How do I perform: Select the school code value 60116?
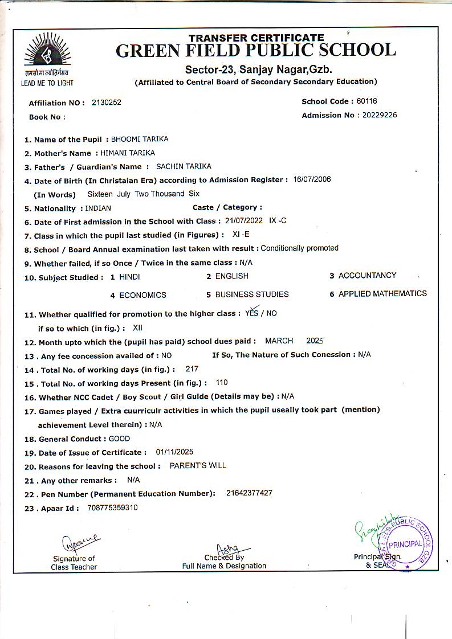click(367, 101)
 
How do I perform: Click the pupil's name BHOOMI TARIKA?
click(140, 139)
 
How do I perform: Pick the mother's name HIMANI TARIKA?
click(128, 153)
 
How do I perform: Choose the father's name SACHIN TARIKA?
click(184, 166)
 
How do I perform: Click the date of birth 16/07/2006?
click(312, 179)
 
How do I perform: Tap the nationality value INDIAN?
click(98, 208)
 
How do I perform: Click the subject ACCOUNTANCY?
click(367, 276)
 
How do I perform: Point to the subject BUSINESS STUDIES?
click(252, 294)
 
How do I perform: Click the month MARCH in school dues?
click(279, 341)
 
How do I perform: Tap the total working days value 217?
click(192, 369)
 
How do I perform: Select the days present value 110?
click(222, 383)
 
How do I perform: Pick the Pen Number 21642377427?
click(249, 493)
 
